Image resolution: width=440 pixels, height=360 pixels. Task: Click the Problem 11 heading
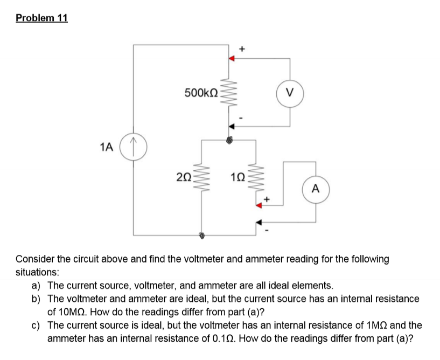(42, 18)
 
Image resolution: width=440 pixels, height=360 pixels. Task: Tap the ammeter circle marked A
(316, 189)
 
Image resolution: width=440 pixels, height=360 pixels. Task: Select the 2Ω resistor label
(184, 175)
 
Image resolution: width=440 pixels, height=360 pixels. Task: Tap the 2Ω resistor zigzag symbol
(201, 176)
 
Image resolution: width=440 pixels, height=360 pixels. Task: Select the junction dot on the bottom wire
(201, 235)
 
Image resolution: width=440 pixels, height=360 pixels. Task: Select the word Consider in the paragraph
(37, 259)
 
